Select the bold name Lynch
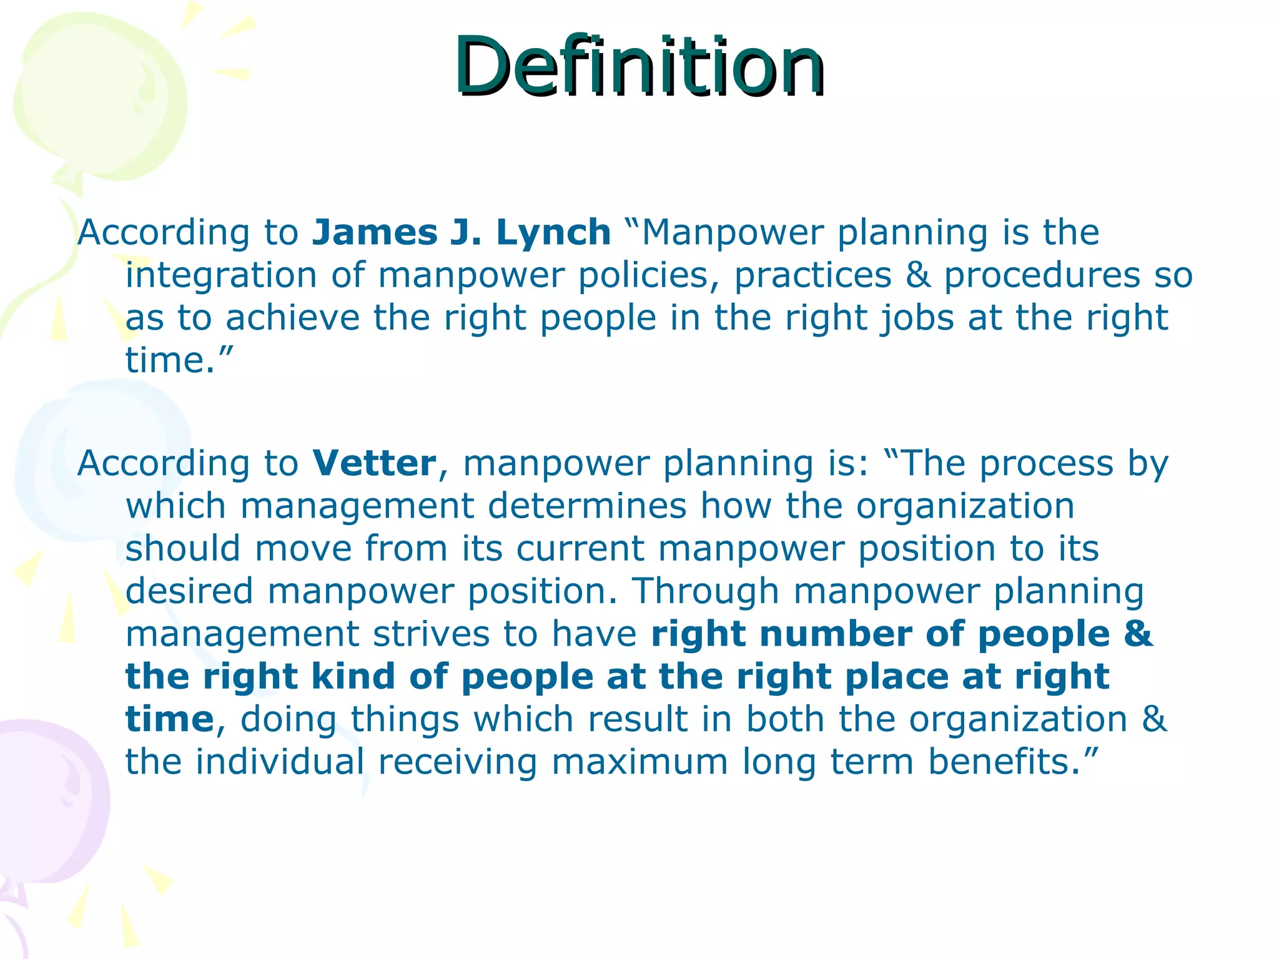point(553,232)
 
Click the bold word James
point(375,232)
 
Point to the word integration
point(221,275)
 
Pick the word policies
point(648,275)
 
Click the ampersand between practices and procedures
point(917,275)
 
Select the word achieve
point(292,318)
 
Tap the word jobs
point(917,318)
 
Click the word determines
point(587,506)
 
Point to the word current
point(580,549)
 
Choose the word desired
point(189,591)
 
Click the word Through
point(706,591)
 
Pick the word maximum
point(639,762)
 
